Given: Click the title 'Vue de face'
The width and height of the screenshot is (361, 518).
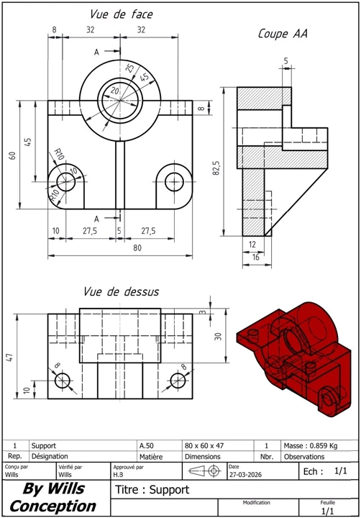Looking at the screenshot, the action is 122,14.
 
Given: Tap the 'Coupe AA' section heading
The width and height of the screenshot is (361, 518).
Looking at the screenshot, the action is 283,34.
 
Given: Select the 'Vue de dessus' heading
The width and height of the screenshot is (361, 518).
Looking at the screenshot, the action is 121,291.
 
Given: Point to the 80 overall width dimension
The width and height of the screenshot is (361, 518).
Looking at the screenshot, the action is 137,247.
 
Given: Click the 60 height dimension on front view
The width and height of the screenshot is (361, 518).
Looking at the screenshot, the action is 12,155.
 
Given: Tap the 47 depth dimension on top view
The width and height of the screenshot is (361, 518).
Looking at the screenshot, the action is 9,357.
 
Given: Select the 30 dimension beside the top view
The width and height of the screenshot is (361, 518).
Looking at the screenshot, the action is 218,336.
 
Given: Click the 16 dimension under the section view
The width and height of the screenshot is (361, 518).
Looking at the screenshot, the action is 255,257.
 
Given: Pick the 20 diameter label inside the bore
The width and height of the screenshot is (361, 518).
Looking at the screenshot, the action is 114,90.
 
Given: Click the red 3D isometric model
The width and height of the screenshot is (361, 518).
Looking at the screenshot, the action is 294,359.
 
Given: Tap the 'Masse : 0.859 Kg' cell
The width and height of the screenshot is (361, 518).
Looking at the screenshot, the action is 311,445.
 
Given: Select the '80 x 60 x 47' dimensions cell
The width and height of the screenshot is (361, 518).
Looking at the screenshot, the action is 204,445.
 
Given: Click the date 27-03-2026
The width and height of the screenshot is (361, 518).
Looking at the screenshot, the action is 245,475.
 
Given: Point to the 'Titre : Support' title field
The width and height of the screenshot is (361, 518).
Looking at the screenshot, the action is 152,489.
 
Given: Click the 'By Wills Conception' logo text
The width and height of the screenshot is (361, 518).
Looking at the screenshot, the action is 52,497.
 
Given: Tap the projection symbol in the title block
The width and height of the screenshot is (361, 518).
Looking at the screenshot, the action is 205,471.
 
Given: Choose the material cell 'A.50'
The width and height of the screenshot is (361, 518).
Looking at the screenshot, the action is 146,445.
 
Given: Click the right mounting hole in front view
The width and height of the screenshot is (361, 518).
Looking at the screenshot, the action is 174,182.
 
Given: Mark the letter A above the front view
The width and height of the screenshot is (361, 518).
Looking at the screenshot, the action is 96,52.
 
